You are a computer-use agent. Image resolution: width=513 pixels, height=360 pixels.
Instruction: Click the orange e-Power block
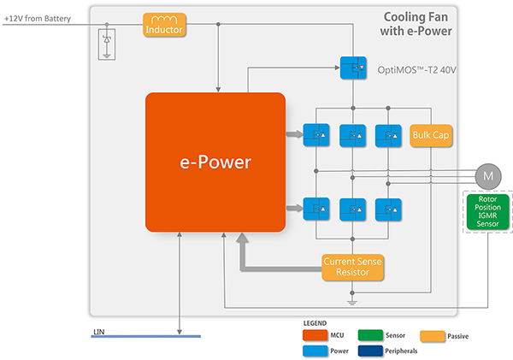215,162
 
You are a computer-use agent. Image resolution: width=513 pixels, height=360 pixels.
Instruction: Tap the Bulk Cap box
430,135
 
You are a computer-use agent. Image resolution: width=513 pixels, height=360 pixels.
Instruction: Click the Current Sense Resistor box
352,267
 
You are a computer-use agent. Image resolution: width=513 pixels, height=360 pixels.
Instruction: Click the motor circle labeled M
489,176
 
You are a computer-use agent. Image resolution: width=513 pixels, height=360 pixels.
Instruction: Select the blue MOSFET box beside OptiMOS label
352,67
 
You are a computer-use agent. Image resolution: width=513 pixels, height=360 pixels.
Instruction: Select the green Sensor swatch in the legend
363,334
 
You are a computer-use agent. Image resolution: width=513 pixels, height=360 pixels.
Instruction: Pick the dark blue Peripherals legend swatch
363,350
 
